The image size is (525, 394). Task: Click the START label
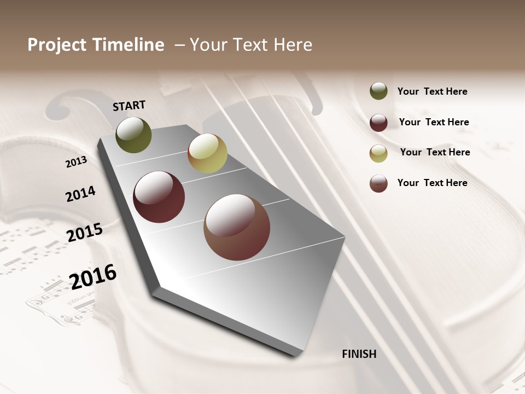click(129, 106)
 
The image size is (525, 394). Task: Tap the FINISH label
click(359, 354)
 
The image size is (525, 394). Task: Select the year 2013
click(76, 162)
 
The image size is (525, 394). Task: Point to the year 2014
click(80, 194)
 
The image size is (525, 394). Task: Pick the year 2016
click(93, 277)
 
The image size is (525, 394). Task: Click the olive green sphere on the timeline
click(133, 135)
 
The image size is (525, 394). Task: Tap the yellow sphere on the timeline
click(207, 153)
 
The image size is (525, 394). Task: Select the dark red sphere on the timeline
click(159, 197)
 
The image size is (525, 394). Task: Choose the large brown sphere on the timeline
click(237, 227)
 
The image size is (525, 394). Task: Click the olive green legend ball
click(378, 91)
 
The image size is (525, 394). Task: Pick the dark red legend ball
click(378, 122)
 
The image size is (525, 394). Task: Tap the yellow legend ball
click(378, 153)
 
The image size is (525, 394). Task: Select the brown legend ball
click(378, 183)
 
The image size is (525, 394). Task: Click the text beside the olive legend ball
click(432, 91)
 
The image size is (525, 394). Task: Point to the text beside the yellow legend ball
click(435, 152)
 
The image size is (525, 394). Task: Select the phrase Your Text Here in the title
click(251, 45)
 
